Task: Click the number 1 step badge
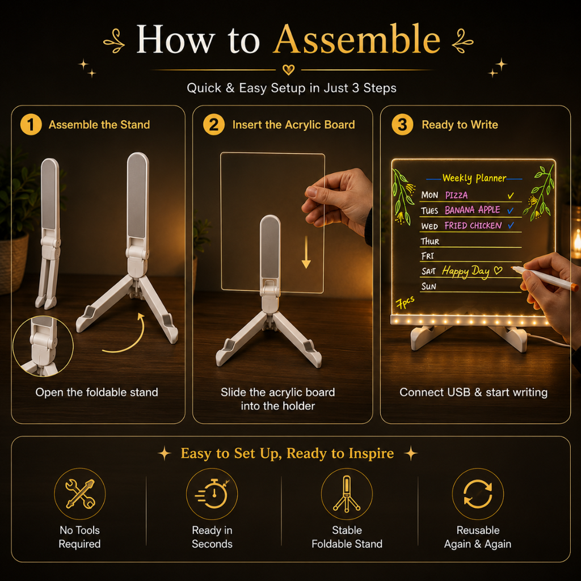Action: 31,124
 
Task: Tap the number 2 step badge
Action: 214,124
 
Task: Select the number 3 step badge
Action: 402,124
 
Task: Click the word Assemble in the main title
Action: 357,39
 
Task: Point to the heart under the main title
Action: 288,69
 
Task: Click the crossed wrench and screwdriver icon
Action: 80,494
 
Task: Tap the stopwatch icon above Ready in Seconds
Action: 212,494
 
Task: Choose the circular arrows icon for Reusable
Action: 478,494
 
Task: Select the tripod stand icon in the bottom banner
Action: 347,494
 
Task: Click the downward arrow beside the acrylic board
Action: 306,252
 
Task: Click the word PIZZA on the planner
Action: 456,195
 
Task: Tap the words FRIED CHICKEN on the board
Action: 473,225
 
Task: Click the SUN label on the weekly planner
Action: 429,287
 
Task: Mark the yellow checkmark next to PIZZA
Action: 511,195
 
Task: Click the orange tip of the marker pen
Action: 574,287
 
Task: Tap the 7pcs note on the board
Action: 405,302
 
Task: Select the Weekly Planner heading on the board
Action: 474,178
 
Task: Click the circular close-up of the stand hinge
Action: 43,346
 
